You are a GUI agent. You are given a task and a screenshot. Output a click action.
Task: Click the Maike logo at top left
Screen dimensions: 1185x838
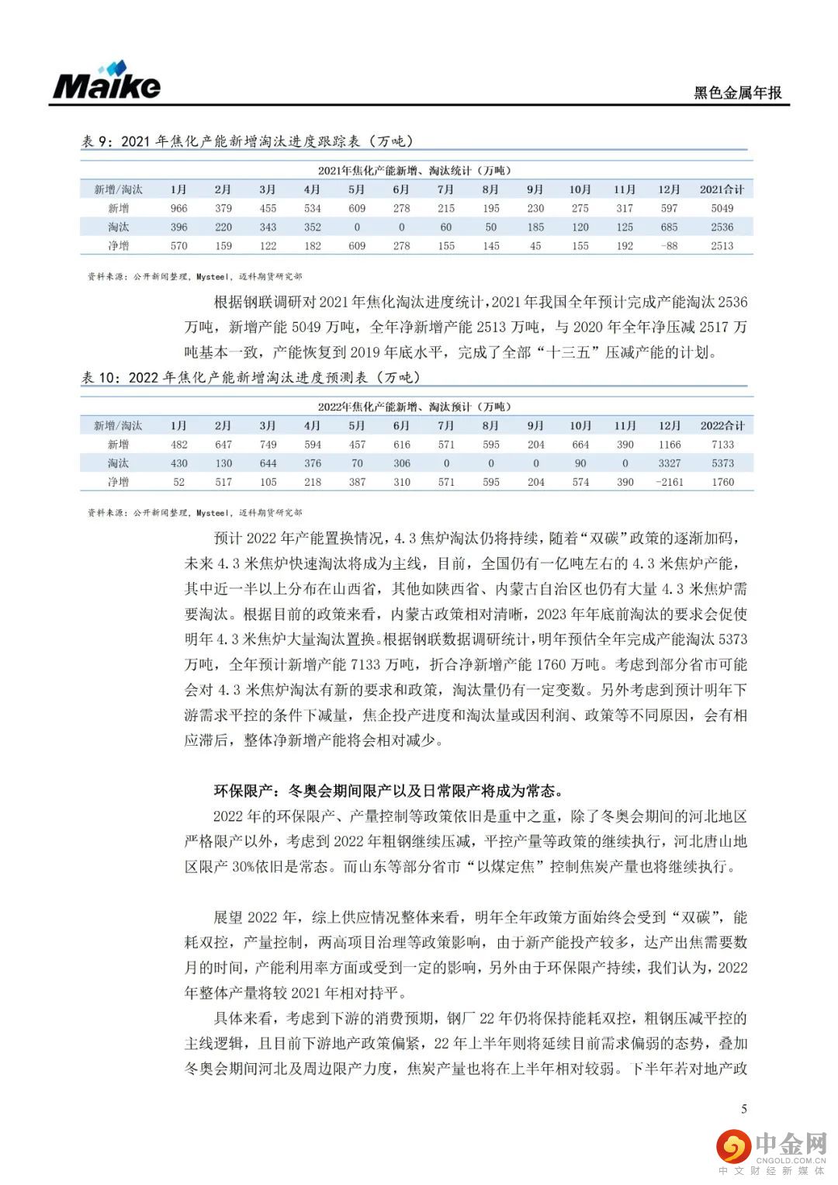coord(106,81)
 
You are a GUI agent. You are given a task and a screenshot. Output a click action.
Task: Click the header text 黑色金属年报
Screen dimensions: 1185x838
coord(737,92)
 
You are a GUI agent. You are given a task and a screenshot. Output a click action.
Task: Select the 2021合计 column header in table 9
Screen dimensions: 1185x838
coord(722,189)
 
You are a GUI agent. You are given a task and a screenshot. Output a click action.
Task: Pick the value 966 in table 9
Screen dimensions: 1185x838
coord(178,208)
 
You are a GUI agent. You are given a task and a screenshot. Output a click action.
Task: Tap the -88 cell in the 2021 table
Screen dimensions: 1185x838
coord(669,246)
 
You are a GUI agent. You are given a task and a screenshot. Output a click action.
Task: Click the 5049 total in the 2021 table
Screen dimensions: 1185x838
coord(722,208)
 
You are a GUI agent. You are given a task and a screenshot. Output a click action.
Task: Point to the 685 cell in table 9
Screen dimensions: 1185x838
coord(669,227)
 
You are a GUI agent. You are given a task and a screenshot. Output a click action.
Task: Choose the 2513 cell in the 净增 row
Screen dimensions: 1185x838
coord(722,246)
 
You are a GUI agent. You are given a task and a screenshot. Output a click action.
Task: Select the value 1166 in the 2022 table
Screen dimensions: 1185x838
coord(669,445)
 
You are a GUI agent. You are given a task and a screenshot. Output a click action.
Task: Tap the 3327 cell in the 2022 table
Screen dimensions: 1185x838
coord(669,463)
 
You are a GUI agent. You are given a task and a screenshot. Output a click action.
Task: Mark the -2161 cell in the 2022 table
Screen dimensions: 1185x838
coord(669,482)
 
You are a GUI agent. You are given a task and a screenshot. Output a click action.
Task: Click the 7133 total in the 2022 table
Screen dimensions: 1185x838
coord(722,445)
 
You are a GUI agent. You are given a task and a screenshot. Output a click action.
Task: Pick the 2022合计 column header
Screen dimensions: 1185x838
coord(722,425)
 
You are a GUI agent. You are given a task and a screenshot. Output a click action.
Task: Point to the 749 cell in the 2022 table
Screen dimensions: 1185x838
coord(268,445)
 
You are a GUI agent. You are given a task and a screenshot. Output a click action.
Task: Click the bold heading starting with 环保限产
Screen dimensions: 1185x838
coord(388,791)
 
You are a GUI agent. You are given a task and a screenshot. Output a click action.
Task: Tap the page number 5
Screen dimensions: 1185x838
coord(744,1108)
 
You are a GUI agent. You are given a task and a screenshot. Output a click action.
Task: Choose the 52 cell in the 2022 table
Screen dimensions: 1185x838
coord(178,482)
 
